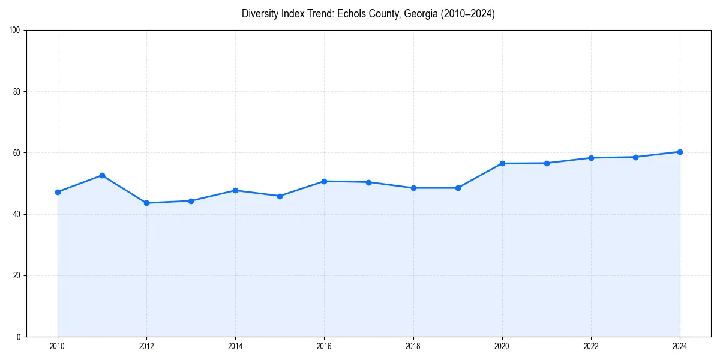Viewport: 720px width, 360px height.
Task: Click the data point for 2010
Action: [x=58, y=192]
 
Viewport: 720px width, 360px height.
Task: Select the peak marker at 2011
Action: [x=102, y=175]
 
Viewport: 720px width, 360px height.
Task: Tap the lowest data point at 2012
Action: [x=146, y=203]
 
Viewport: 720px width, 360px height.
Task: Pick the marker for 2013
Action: [x=191, y=201]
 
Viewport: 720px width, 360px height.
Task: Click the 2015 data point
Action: [x=280, y=196]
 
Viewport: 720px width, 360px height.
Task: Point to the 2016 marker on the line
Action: [x=324, y=181]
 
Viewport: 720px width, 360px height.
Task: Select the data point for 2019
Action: [x=458, y=188]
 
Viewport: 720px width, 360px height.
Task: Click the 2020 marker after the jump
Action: [x=502, y=163]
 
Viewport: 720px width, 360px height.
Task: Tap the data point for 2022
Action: [x=591, y=158]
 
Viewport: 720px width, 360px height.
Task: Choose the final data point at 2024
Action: [x=680, y=152]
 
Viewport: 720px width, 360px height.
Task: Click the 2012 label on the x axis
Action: [x=146, y=346]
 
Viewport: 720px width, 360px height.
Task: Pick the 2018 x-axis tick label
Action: [x=413, y=346]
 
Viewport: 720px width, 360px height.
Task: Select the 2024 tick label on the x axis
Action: [x=680, y=346]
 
